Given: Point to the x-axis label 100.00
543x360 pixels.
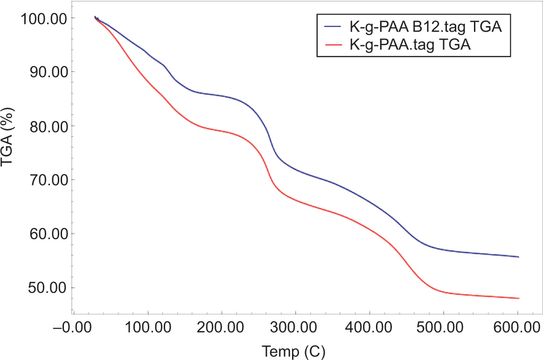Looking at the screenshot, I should [x=148, y=325].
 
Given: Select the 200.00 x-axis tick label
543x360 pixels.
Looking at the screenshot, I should [x=222, y=325].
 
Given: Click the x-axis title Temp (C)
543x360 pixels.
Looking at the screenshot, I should [x=293, y=350].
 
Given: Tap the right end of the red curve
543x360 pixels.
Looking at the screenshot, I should [x=518, y=298].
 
